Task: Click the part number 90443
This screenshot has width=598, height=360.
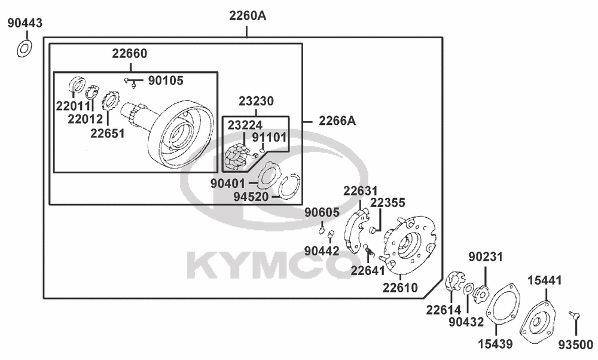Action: [25, 23]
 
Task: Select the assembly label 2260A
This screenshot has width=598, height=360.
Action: [248, 16]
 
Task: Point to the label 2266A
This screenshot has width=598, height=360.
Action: [337, 121]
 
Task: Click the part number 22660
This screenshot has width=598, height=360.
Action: [129, 53]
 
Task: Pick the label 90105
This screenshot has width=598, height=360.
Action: [166, 81]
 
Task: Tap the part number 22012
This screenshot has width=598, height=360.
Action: [86, 119]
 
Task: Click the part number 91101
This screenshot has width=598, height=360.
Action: [269, 137]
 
